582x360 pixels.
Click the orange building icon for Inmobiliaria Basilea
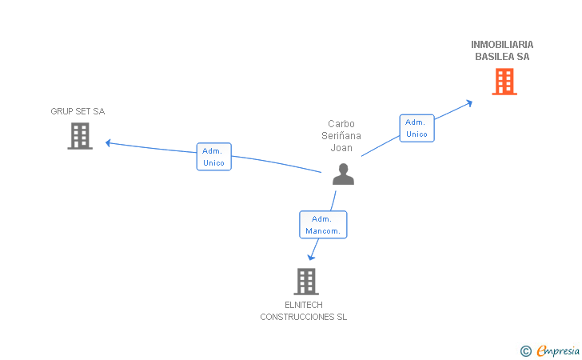coord(504,82)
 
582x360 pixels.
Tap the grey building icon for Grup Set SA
coord(79,136)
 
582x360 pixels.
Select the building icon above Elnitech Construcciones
coord(305,281)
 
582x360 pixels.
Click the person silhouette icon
coord(343,174)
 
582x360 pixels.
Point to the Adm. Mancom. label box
coord(323,225)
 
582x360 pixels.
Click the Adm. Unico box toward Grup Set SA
coord(213,157)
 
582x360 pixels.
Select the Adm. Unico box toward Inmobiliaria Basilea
coord(417,128)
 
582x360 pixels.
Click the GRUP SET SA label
coord(78,111)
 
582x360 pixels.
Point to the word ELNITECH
coord(303,305)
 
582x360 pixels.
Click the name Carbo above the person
coord(341,124)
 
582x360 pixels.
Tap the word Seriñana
coord(341,136)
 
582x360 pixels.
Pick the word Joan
coord(341,148)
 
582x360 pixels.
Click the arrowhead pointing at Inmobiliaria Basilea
coord(470,102)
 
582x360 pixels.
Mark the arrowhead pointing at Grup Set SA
coord(108,143)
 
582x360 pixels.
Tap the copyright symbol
coord(525,350)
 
